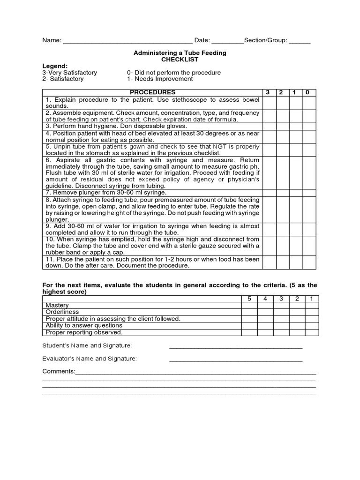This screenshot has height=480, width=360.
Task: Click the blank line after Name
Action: (x=127, y=41)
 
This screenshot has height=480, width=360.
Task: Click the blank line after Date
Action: (x=227, y=41)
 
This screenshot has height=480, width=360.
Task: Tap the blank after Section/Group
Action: (x=300, y=41)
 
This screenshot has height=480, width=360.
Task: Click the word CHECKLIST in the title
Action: (x=180, y=60)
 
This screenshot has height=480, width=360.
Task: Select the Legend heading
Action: (x=55, y=66)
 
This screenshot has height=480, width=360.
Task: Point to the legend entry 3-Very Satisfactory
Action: (x=70, y=73)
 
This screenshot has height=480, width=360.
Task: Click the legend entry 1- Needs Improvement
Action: (x=160, y=79)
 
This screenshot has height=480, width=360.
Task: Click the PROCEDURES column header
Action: (x=152, y=92)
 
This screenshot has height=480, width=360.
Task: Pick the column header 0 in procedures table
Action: (x=307, y=92)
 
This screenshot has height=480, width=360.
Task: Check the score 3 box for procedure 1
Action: (x=269, y=103)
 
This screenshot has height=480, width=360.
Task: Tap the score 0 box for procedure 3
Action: (x=309, y=126)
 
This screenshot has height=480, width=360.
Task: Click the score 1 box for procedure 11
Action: (x=295, y=262)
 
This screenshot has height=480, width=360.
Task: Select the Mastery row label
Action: (x=57, y=305)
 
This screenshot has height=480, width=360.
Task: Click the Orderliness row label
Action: (x=62, y=312)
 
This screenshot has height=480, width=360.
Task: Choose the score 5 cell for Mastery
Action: (x=249, y=305)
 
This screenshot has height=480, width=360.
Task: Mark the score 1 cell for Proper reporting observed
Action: (x=311, y=332)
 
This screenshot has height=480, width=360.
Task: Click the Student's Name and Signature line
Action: (x=235, y=347)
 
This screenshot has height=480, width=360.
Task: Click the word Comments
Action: (x=59, y=371)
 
